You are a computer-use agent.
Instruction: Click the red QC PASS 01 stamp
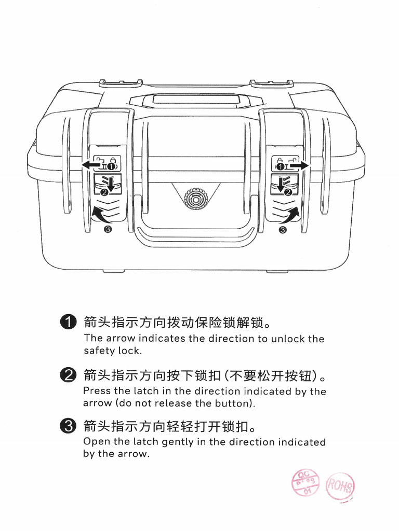coord(306,483)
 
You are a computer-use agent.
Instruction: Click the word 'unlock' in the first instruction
coord(286,339)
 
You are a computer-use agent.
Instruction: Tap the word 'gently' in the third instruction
coord(178,442)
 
